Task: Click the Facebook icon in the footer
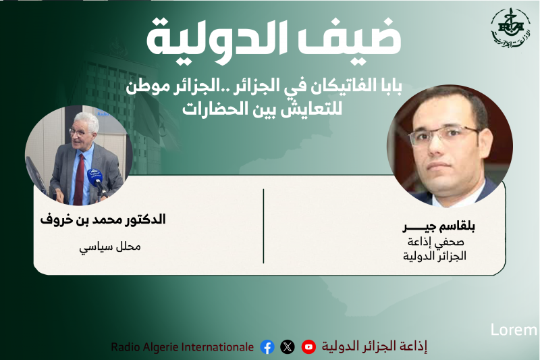[267, 347]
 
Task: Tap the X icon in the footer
[288, 347]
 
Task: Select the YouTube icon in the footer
[308, 347]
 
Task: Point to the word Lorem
[514, 330]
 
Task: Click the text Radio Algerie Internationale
[182, 347]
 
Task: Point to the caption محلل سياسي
[110, 247]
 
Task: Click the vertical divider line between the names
[263, 226]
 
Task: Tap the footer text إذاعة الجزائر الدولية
[374, 347]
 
